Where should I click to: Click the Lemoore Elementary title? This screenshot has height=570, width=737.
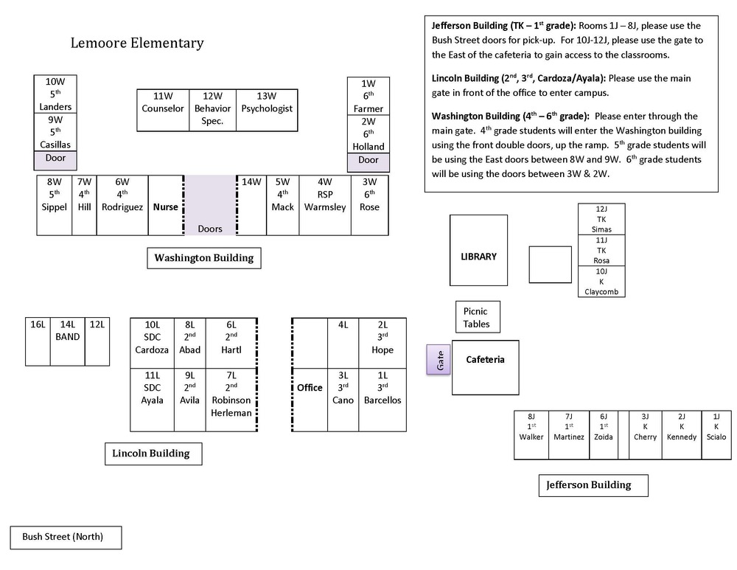137,43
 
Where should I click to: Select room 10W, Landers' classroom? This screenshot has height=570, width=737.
55,94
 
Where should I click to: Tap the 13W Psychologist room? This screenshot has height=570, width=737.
267,110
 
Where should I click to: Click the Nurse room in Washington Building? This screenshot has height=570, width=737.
165,205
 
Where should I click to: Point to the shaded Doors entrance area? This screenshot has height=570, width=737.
209,205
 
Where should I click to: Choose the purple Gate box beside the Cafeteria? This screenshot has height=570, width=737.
438,360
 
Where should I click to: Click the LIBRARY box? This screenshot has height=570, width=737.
478,250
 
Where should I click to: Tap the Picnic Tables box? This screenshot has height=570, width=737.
478,317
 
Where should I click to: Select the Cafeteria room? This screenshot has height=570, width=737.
486,367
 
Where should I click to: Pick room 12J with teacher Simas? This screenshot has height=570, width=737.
601,219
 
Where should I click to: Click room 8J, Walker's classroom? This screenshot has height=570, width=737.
531,435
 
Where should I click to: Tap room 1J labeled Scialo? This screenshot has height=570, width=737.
716,435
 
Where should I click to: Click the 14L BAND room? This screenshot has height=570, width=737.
68,341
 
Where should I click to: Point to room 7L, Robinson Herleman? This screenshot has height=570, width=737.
231,400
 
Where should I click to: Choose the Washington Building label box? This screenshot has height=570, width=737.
204,258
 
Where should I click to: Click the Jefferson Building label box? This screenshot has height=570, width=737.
593,485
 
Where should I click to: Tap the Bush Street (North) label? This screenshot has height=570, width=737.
66,538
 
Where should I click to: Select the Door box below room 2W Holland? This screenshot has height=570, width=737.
368,162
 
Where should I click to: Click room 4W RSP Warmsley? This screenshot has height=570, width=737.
325,205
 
